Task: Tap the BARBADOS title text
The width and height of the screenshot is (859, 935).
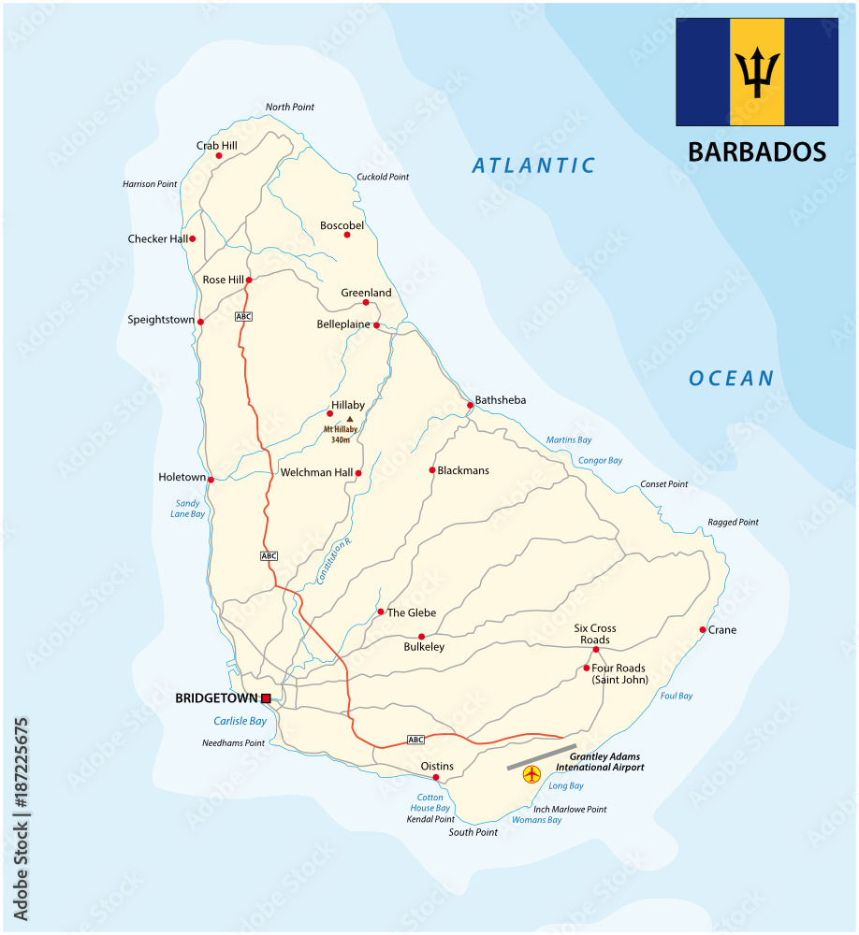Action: coord(757,151)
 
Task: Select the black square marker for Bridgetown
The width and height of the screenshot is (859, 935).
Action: coord(266,698)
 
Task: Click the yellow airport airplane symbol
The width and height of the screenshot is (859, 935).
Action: coord(532,774)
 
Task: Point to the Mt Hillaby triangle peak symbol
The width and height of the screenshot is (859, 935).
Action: coord(350,420)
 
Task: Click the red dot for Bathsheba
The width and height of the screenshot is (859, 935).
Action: coord(470,406)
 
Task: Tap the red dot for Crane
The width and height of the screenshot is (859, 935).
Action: coord(703,630)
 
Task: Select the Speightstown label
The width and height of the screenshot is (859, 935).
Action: coord(160,320)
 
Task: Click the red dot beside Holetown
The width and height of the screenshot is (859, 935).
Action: coord(211,480)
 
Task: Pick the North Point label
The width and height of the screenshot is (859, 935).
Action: coord(290,108)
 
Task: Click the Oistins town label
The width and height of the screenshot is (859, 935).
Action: coord(437,766)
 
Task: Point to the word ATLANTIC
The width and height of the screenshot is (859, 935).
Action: coord(533,166)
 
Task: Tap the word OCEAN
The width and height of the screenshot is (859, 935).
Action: coord(732,379)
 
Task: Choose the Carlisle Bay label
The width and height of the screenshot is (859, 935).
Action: coord(240,721)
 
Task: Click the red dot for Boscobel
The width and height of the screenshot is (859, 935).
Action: coord(347,235)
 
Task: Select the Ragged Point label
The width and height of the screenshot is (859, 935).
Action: coord(734,523)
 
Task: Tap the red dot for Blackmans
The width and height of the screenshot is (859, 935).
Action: coord(432,470)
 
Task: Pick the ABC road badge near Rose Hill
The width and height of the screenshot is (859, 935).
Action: coord(243,317)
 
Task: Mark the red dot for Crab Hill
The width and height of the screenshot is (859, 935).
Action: coord(219,156)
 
